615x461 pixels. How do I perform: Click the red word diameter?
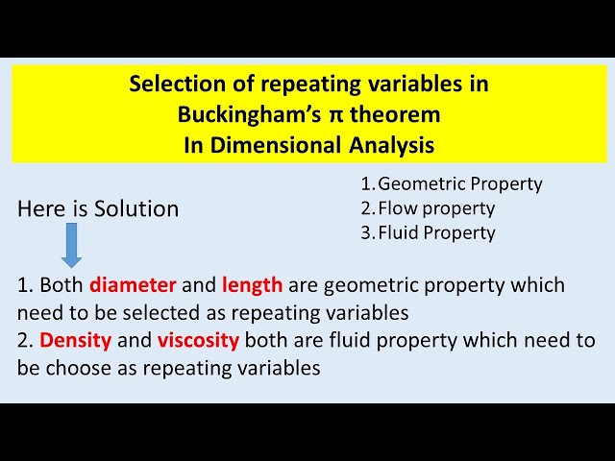point(133,285)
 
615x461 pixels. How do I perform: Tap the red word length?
point(252,285)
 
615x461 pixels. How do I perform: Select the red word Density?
point(76,340)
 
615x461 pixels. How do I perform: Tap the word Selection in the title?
point(174,85)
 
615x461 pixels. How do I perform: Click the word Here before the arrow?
point(40,208)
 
